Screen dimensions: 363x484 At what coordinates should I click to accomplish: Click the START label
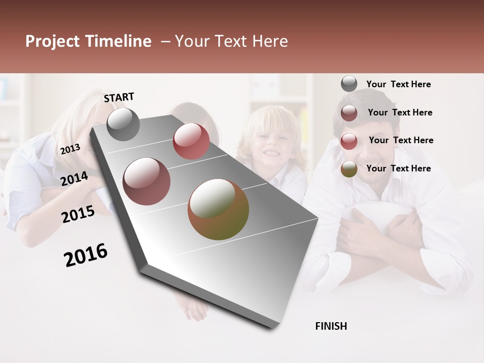click(119, 97)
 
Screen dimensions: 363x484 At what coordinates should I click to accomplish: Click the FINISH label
click(331, 326)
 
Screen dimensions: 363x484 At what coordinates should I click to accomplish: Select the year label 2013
click(70, 149)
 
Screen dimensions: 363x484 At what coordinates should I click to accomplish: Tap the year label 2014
click(75, 179)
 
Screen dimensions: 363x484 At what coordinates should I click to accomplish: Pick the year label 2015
click(78, 214)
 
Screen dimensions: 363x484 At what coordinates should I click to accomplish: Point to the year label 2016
click(86, 255)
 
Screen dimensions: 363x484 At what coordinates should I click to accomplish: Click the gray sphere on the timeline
click(123, 125)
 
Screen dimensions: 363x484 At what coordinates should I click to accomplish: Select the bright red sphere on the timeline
click(191, 141)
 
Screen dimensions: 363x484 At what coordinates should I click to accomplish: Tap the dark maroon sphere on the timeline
click(147, 181)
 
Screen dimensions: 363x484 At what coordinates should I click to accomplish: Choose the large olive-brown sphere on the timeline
click(218, 209)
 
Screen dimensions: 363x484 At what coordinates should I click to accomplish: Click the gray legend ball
click(349, 84)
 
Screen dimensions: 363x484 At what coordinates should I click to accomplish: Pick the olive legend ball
click(349, 169)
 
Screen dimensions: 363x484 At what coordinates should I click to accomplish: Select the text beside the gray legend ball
click(398, 84)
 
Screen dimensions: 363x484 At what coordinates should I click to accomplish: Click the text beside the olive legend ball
click(398, 168)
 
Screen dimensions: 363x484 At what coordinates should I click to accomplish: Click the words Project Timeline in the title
click(88, 41)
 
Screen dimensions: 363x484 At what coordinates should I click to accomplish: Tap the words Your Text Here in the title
click(231, 41)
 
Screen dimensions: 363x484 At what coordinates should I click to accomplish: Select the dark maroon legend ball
click(349, 113)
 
